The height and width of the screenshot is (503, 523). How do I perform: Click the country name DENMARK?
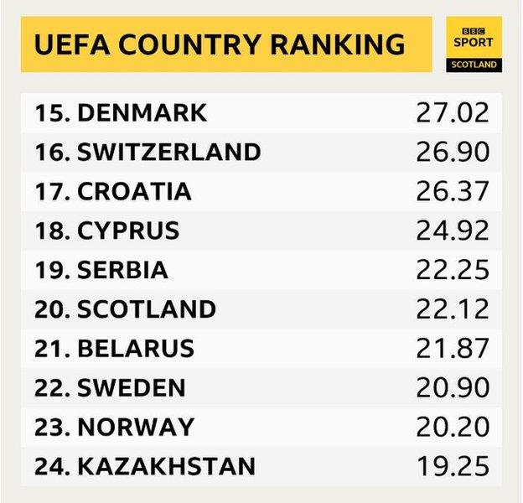pos(142,112)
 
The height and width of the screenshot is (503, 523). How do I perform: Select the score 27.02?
pos(453,112)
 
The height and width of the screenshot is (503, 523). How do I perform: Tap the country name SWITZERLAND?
pos(168,152)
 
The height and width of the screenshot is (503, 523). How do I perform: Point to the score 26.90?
pos(453,152)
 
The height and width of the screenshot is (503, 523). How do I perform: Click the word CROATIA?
pos(134,191)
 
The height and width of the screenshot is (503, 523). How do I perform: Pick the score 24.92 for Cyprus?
pos(453,231)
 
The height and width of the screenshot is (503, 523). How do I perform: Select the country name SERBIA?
pos(123,270)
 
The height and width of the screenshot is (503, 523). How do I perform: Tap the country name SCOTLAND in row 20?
pos(147,309)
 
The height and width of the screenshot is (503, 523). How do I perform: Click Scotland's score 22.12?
pos(453,309)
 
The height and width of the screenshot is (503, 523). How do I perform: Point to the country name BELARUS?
pos(136,348)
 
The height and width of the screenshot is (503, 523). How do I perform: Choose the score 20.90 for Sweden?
pos(453,387)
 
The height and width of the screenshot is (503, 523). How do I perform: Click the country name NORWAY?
pos(135,427)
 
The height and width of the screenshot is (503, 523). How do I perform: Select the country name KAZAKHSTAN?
pos(167,466)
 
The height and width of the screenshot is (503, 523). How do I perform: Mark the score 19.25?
pos(453,466)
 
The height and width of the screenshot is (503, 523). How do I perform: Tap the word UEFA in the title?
pos(64,43)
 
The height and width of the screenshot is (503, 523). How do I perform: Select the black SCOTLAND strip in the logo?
pos(474,64)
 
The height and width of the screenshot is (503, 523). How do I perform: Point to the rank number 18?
pos(52,231)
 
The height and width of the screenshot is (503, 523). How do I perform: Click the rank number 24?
pos(52,466)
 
